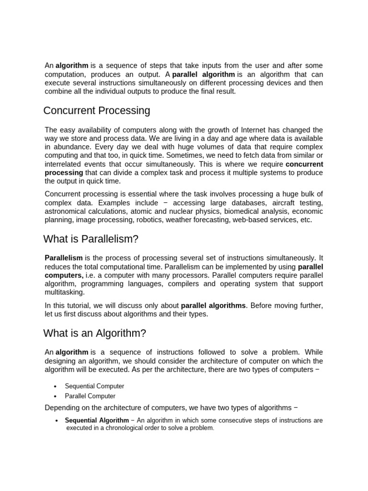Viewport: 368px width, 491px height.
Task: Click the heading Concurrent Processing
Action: pos(96,111)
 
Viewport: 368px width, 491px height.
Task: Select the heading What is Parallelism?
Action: pos(91,239)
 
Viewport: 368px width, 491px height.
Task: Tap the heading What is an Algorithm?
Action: pos(94,333)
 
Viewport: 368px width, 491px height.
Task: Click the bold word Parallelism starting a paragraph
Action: pos(64,258)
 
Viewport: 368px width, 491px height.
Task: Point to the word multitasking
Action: pos(64,292)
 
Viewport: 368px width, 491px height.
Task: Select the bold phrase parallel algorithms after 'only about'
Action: pos(213,305)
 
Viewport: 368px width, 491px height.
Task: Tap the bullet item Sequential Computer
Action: pos(94,386)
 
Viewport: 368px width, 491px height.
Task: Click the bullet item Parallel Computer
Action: pos(90,396)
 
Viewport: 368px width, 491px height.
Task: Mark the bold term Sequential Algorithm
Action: pos(97,421)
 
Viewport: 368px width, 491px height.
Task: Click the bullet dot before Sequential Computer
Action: pos(56,386)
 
